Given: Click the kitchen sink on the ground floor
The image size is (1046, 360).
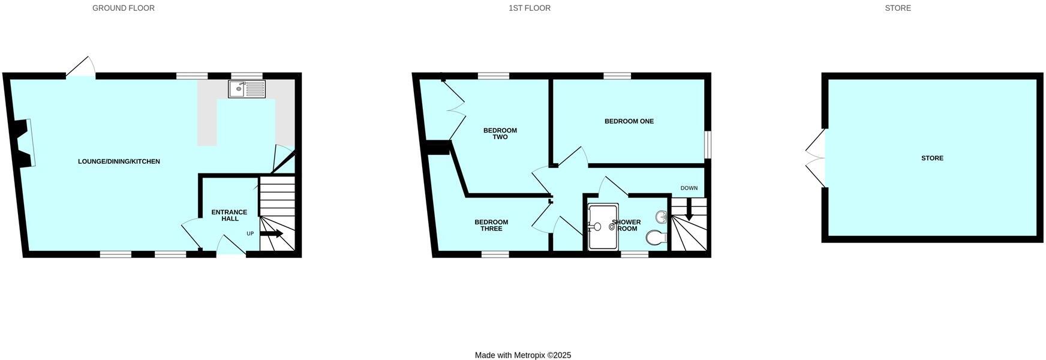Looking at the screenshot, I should point(247,89).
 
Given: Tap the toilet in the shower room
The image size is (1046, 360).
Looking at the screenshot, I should point(657,238).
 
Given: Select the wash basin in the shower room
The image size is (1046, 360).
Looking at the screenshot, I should point(662,217).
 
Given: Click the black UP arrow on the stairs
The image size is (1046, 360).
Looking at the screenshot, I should point(271,234).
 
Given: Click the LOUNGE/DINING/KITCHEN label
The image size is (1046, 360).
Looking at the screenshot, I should point(119,161).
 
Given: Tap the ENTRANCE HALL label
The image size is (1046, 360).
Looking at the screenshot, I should point(229,215).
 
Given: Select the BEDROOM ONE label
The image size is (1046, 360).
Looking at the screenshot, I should point(629,121).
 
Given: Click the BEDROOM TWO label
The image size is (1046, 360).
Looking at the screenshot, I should point(500,134).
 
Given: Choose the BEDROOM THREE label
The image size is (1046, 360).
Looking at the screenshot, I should point(491,226).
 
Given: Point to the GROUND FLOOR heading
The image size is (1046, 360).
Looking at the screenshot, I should point(124,8).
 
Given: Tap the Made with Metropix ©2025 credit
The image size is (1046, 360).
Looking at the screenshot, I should point(523,355).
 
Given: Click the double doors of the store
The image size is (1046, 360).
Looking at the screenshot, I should point(816,158).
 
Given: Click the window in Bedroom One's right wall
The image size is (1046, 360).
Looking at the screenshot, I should point(708,145).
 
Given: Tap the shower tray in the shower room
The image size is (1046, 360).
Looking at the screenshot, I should point(603,227).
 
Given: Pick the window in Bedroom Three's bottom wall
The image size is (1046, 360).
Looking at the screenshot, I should point(495,254).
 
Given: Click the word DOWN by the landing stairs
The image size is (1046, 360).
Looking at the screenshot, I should point(689,188).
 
